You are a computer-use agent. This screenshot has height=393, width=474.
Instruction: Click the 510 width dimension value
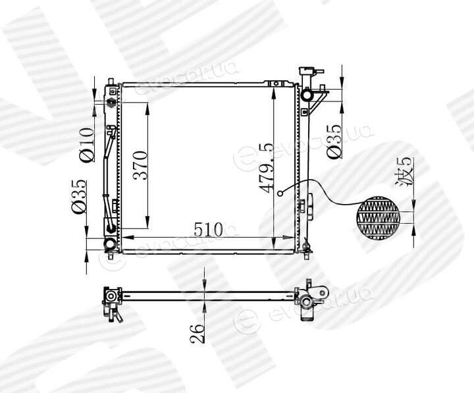coord(208,229)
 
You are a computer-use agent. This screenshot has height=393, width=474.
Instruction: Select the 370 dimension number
coord(141,165)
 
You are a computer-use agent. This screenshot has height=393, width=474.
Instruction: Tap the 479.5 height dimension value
coord(267,168)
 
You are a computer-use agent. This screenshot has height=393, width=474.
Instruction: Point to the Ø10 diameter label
coord(86,145)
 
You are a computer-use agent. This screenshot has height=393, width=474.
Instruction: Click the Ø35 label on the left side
coord(79,196)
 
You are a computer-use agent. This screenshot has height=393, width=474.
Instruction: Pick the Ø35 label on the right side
coord(334,141)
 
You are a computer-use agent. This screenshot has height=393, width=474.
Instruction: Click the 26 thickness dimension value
coord(197,334)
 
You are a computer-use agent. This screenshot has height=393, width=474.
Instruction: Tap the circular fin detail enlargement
coord(378,218)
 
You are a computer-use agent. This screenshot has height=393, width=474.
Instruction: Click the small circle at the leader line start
coord(280,193)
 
